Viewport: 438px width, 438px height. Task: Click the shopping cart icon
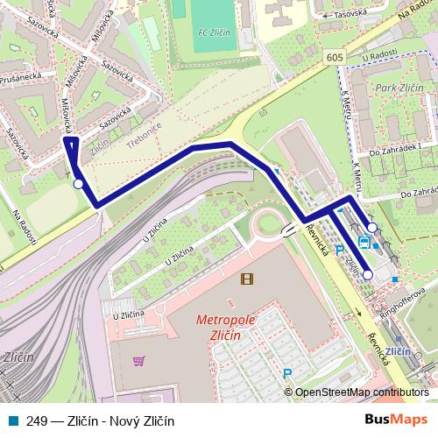tap(138, 361)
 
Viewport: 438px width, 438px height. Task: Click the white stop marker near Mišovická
tap(79, 184)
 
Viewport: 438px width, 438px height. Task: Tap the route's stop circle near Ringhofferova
tap(368, 275)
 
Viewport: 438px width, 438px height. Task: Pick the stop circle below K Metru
tap(372, 228)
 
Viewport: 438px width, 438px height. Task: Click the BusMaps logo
tap(396, 421)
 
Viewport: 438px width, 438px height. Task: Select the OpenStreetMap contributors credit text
tap(361, 393)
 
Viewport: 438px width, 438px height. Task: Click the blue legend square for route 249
tap(11, 421)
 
